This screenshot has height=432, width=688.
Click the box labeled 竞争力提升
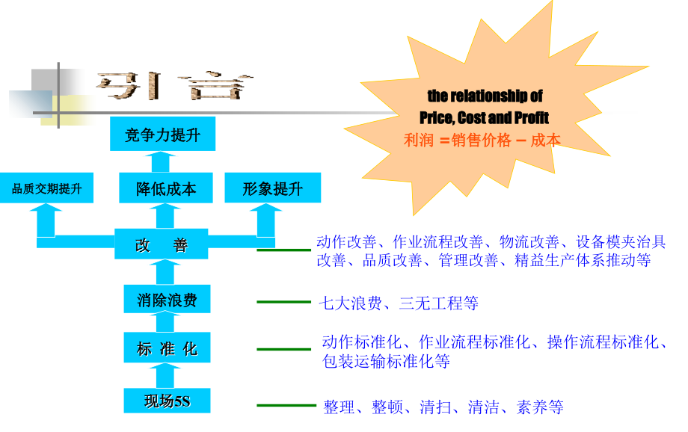162,134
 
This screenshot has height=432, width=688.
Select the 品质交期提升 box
46,188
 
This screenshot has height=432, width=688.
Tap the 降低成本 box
166,188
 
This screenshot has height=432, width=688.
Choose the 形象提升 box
272,188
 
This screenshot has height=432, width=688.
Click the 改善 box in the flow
161,244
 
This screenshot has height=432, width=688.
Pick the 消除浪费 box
167,299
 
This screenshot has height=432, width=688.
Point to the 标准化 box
167,348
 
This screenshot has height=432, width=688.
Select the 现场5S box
167,401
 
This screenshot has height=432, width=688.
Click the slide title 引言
174,85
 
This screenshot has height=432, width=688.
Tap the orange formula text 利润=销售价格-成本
482,141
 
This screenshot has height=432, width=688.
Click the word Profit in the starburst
532,117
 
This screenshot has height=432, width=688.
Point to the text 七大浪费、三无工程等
399,303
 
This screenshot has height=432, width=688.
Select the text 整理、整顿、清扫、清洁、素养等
443,407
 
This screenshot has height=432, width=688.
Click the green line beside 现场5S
286,405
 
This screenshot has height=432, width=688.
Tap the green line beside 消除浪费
283,302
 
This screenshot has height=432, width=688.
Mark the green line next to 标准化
283,349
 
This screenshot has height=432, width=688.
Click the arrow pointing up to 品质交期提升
46,220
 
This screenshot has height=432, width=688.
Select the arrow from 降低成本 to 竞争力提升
161,162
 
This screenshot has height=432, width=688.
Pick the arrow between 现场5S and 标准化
165,375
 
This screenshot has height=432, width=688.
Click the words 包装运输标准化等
386,362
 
